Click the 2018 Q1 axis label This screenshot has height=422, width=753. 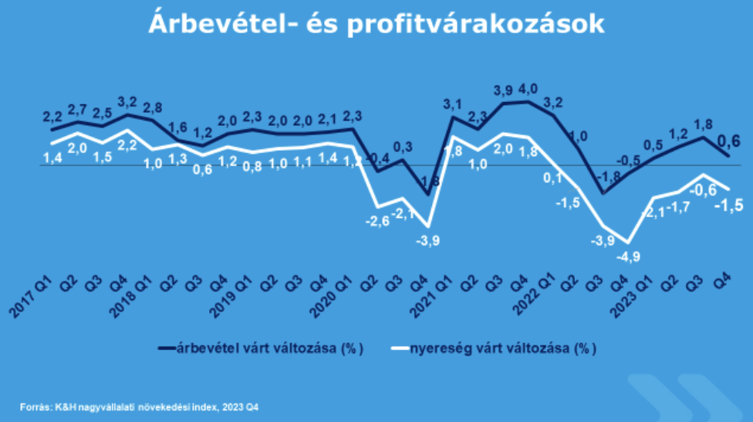point(130,296)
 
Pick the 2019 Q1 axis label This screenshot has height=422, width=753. point(231,296)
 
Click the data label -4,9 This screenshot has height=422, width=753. point(631,257)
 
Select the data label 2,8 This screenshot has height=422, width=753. point(154,107)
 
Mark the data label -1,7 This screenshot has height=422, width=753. point(680,208)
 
